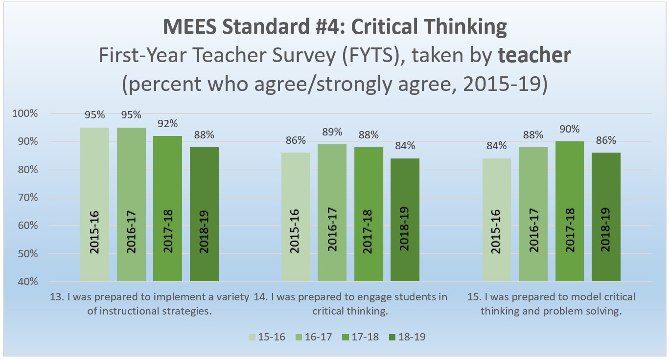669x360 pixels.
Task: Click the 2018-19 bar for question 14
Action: [405, 220]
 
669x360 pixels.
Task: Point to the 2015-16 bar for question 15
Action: [497, 220]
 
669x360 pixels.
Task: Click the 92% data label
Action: [168, 123]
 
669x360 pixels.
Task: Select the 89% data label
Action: [332, 132]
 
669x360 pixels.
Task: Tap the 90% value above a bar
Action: [570, 129]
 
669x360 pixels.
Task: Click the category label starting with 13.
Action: [150, 304]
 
